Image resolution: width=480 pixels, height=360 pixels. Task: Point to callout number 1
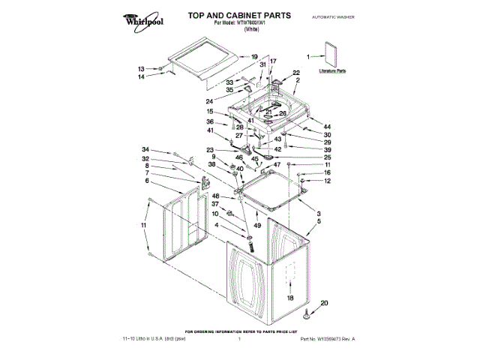309,55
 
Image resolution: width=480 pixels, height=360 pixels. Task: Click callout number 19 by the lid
254,57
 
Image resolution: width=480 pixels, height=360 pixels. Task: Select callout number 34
146,148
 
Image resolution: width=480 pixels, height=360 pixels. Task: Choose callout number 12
327,181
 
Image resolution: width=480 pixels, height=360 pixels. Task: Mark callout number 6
146,181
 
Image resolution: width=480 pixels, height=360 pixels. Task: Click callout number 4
217,225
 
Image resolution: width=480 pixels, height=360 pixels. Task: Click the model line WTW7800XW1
221,22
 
